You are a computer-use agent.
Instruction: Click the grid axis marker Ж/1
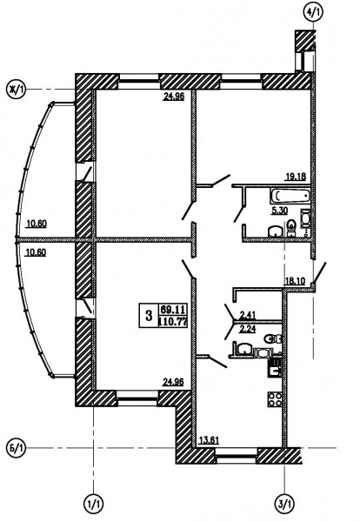click(x=16, y=90)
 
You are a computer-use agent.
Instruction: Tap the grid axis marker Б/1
click(x=16, y=448)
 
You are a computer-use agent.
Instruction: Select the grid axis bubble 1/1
click(x=93, y=504)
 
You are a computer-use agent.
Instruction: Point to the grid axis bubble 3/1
click(x=285, y=504)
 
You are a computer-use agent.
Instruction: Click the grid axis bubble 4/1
click(x=313, y=12)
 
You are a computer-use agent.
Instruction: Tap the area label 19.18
click(x=295, y=177)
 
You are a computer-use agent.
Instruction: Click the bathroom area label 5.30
click(x=279, y=211)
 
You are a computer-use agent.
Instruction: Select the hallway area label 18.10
click(x=295, y=281)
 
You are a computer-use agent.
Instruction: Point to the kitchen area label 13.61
click(x=209, y=440)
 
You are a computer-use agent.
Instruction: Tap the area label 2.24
click(x=247, y=330)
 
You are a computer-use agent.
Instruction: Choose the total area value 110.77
click(x=173, y=322)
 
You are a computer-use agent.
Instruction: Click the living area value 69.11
click(x=173, y=310)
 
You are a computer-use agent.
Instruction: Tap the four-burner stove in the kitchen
click(x=275, y=398)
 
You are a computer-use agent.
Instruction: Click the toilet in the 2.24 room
click(x=273, y=339)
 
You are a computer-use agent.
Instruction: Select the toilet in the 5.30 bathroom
click(x=291, y=228)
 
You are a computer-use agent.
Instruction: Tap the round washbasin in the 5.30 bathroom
click(x=276, y=231)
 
